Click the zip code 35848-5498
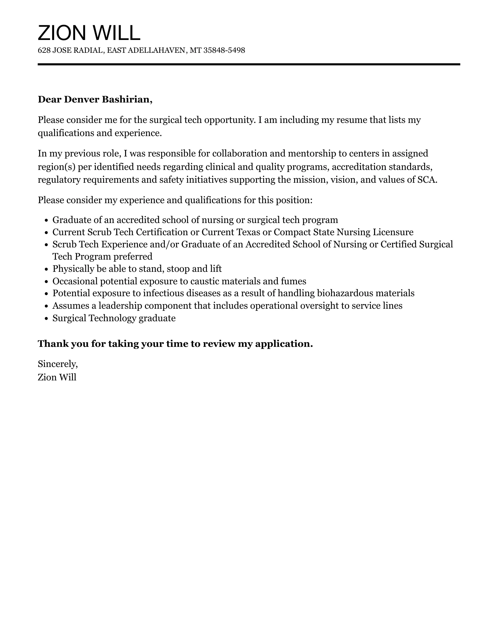pos(224,50)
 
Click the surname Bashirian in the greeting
pos(127,99)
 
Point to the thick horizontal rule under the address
pos(249,64)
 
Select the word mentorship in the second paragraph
pos(311,153)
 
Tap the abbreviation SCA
pos(427,180)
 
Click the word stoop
pos(178,269)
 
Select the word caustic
pos(205,281)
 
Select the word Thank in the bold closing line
pos(53,344)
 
